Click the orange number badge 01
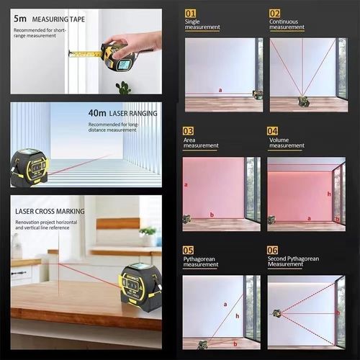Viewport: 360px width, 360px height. click(x=191, y=13)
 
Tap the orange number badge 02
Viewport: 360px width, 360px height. click(x=275, y=13)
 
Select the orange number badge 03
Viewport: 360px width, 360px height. click(x=189, y=131)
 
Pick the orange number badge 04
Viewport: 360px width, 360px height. click(x=273, y=131)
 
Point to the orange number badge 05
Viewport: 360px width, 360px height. click(x=189, y=250)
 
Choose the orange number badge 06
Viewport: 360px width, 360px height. click(x=273, y=250)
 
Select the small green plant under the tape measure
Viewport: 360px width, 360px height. click(x=124, y=88)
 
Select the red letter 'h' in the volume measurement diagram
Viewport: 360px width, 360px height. click(x=329, y=193)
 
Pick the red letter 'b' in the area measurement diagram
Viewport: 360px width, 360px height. click(x=212, y=215)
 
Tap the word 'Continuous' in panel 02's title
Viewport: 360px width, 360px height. click(x=284, y=22)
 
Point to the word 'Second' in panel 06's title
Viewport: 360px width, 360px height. click(x=278, y=258)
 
